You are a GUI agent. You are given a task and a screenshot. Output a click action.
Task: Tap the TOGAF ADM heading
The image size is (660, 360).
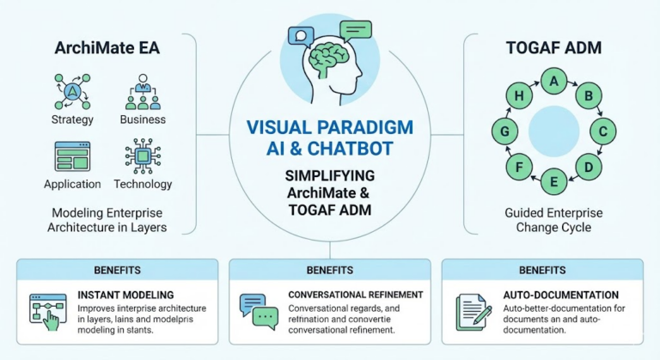coord(554,48)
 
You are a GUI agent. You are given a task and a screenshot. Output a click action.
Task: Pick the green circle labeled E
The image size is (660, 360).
coord(554,180)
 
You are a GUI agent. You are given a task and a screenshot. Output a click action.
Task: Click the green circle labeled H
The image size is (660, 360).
coord(519,97)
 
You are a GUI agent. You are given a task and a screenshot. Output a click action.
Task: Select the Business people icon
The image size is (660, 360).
coord(143,89)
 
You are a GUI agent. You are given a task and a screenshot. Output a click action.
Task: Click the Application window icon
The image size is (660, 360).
coord(71,156)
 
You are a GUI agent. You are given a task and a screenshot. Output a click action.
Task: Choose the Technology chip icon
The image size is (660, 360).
coord(143,156)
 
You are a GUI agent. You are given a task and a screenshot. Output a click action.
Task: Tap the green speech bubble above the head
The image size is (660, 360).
coord(355,31)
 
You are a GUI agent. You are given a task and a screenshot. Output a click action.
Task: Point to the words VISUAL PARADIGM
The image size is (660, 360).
coord(329,127)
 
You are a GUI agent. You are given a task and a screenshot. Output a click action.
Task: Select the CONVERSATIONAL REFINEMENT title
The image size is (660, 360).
coord(355,295)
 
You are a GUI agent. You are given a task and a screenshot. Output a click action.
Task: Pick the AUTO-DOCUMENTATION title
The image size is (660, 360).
coord(560,295)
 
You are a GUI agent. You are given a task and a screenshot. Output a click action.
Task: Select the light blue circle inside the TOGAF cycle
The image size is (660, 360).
coord(553,131)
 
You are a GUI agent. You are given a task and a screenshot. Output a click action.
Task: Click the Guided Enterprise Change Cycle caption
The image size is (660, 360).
coord(554,221)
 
